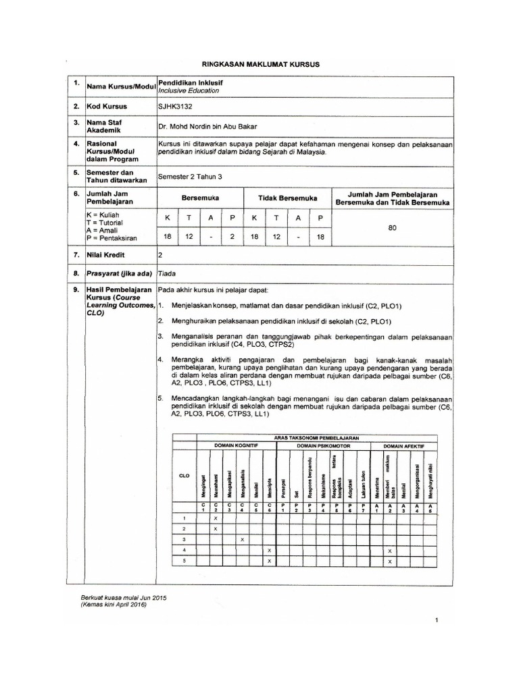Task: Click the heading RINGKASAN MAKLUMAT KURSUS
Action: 260,63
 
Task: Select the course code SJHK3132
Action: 172,107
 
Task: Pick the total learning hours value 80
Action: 392,228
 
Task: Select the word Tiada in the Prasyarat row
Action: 166,274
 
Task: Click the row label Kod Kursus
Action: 106,107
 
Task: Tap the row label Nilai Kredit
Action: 106,255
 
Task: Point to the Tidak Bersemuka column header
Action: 288,198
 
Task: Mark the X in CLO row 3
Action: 242,540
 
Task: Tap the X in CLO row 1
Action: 216,518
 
